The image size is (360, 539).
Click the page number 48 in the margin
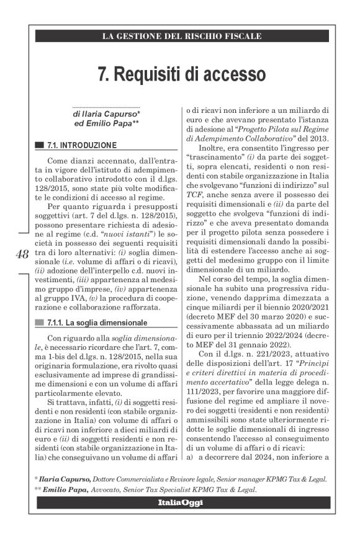tap(22, 254)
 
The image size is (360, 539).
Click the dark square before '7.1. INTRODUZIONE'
tap(40, 146)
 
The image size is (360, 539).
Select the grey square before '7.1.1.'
tap(40, 323)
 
